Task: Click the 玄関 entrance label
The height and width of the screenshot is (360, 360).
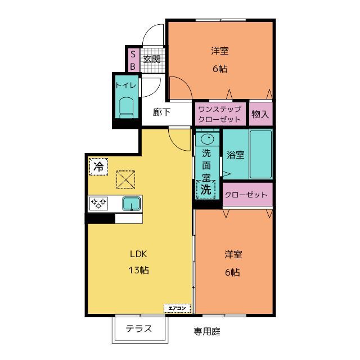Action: click(152, 60)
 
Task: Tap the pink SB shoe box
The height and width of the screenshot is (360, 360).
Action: click(133, 60)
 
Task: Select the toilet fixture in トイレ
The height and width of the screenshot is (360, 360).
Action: click(127, 108)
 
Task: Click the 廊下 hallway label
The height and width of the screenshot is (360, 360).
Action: click(161, 112)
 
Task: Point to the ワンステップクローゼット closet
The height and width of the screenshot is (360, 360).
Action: click(220, 114)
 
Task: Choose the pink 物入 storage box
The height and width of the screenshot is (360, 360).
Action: click(261, 114)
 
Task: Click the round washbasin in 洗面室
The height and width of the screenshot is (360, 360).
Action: click(208, 139)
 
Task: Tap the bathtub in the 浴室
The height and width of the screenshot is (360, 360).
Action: click(261, 154)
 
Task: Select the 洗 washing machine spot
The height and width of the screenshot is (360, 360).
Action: click(206, 190)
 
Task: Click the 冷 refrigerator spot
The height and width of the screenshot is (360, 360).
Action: click(98, 166)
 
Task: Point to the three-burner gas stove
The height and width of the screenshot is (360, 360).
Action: click(98, 203)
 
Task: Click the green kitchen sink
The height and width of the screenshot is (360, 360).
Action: click(131, 204)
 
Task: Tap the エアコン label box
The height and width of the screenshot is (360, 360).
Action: click(177, 308)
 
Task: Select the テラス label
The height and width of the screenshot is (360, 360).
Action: click(139, 328)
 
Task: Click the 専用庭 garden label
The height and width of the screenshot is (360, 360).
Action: click(207, 331)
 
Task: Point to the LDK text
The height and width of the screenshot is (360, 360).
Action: click(138, 254)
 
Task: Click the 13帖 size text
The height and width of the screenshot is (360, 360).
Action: click(138, 270)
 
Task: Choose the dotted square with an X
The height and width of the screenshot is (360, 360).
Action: click(125, 179)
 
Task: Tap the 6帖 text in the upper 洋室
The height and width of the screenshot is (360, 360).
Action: click(220, 69)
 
